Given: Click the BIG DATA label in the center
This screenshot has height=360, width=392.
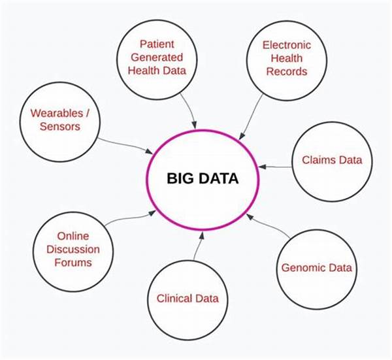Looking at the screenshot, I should click(x=202, y=177).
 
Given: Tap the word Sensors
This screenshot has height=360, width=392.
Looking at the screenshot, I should click(x=59, y=126).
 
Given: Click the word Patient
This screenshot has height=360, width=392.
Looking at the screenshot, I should click(x=158, y=45).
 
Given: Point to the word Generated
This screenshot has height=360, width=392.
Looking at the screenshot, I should click(x=157, y=58).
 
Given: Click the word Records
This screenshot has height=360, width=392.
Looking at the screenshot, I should click(x=286, y=71).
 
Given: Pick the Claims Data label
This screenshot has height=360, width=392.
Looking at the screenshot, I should click(x=332, y=160).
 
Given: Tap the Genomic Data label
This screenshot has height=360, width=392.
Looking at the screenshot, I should click(x=316, y=267).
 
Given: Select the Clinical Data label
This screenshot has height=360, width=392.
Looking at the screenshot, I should click(x=188, y=299).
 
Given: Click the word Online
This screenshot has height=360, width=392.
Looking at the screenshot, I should click(x=73, y=236).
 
